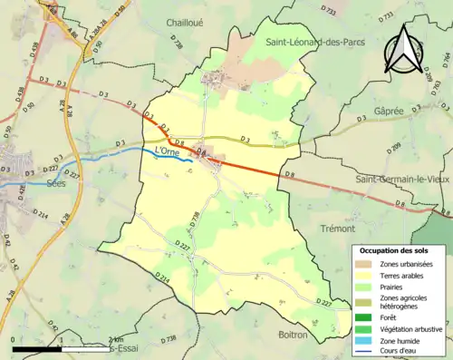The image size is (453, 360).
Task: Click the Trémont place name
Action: pyautogui.click(x=338, y=229)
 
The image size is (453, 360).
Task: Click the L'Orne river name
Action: pyautogui.click(x=169, y=150)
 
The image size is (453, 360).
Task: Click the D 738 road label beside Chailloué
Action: pyautogui.click(x=177, y=39)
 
